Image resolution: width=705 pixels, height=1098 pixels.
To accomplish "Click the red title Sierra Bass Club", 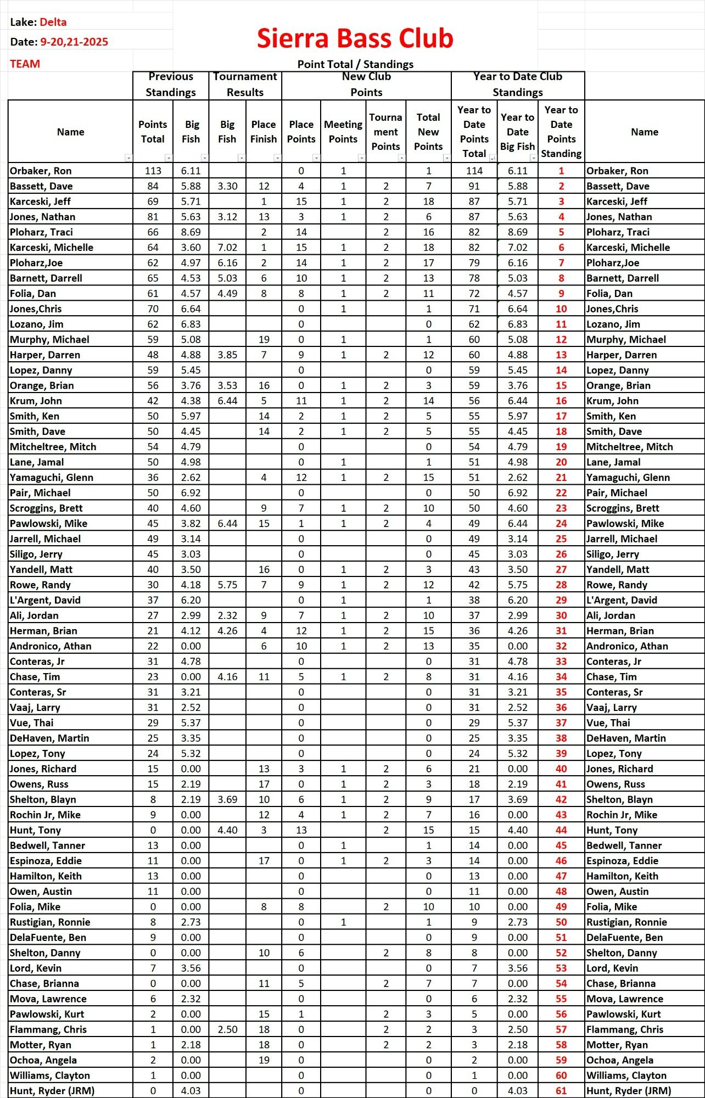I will point(355,38).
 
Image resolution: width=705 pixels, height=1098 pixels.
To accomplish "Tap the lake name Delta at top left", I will point(53,22).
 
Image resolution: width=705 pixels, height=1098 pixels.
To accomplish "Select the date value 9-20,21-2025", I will point(74,42).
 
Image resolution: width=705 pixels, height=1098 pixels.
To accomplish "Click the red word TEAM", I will point(25,64).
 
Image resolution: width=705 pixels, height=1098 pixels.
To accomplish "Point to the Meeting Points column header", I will point(343,132).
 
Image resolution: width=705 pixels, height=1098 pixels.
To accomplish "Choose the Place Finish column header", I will point(264,132).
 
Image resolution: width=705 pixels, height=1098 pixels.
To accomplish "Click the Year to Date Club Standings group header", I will point(518,84).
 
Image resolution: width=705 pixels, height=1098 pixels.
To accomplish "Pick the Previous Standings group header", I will point(171,84).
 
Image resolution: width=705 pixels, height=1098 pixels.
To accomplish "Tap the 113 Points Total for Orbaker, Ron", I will point(153,171).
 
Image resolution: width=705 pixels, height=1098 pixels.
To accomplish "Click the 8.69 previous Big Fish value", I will point(191,232).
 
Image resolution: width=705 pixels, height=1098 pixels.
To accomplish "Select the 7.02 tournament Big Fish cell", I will point(227,248).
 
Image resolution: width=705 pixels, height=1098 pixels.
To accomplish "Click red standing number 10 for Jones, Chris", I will point(561,309).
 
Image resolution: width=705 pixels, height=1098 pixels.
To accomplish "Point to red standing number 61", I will point(561,1091).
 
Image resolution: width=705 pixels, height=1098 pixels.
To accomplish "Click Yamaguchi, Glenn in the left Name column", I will point(52,478).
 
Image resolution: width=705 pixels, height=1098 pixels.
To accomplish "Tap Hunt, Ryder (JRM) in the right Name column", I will point(629,1091).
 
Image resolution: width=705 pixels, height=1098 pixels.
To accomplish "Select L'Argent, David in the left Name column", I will point(46,601).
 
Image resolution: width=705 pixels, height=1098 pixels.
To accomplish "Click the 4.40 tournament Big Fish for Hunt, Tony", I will point(227,830).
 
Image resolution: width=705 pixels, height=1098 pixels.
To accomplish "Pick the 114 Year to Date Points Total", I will point(474,171).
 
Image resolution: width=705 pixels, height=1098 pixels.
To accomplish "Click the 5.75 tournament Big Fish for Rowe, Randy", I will point(227,585).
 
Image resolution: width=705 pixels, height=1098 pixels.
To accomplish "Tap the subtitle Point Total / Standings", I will point(355,64).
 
